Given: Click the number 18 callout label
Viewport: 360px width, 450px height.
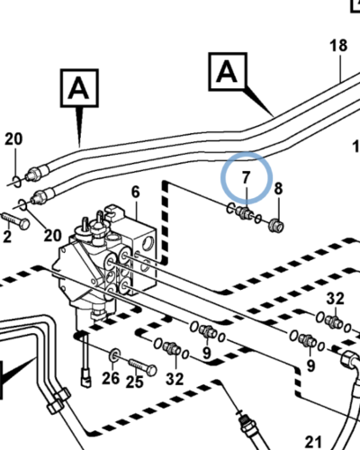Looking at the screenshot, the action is click(338, 46).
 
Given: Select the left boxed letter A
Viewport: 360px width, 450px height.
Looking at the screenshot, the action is click(79, 88).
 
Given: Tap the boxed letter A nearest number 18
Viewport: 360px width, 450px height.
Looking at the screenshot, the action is click(228, 71).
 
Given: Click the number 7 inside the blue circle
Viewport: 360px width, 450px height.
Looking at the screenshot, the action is click(246, 177).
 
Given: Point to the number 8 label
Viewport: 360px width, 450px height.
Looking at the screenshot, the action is click(278, 189).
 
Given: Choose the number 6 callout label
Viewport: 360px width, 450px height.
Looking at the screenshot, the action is click(136, 192).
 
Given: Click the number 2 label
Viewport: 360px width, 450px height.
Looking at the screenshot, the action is click(7, 237).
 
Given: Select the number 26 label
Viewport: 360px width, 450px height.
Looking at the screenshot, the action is click(111, 378).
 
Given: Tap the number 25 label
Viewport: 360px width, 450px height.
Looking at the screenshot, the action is click(134, 382).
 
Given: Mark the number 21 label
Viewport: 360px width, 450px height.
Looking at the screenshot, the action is click(313, 442).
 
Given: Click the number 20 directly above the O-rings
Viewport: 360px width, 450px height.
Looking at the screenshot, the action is click(13, 139).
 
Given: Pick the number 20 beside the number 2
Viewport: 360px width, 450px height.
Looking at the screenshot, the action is click(52, 236).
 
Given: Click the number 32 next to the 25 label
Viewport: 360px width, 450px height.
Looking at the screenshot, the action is click(175, 379).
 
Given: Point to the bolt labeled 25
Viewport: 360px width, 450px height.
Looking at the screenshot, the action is click(142, 366).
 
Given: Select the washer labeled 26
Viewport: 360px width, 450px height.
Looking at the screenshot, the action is click(114, 355).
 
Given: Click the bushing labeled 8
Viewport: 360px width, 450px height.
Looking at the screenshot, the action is click(276, 226).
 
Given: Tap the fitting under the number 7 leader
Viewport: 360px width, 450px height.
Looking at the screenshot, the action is click(245, 213).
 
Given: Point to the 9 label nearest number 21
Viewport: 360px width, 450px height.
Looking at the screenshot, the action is click(310, 365).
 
